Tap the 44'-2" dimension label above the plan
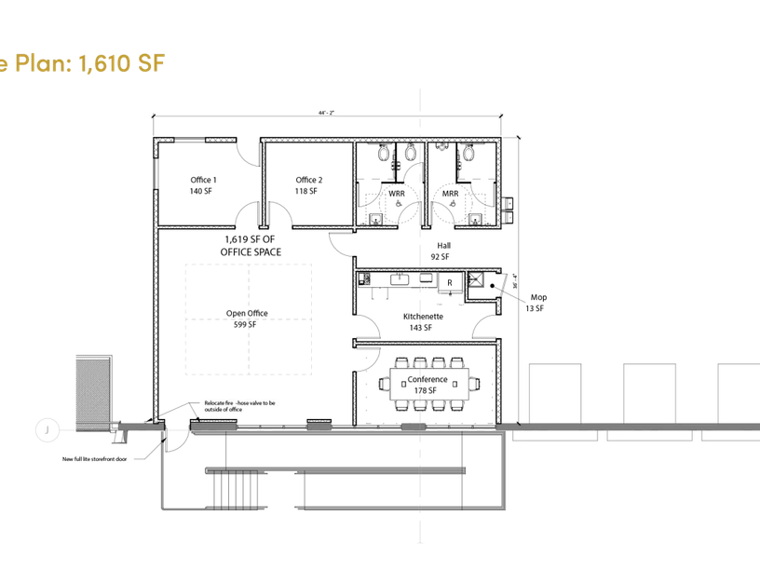click(326, 112)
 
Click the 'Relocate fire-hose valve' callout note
click(241, 405)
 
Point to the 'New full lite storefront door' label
click(95, 459)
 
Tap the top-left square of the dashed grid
click(216, 292)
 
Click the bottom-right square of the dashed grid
click(279, 347)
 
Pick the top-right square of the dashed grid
click(279, 292)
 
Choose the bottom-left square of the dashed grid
click(216, 347)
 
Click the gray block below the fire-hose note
click(213, 427)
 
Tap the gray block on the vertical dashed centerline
click(414, 427)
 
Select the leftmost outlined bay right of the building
click(555, 392)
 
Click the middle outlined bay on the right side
click(649, 392)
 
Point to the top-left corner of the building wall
click(156, 141)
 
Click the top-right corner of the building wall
click(498, 141)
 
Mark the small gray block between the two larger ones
click(319, 427)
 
